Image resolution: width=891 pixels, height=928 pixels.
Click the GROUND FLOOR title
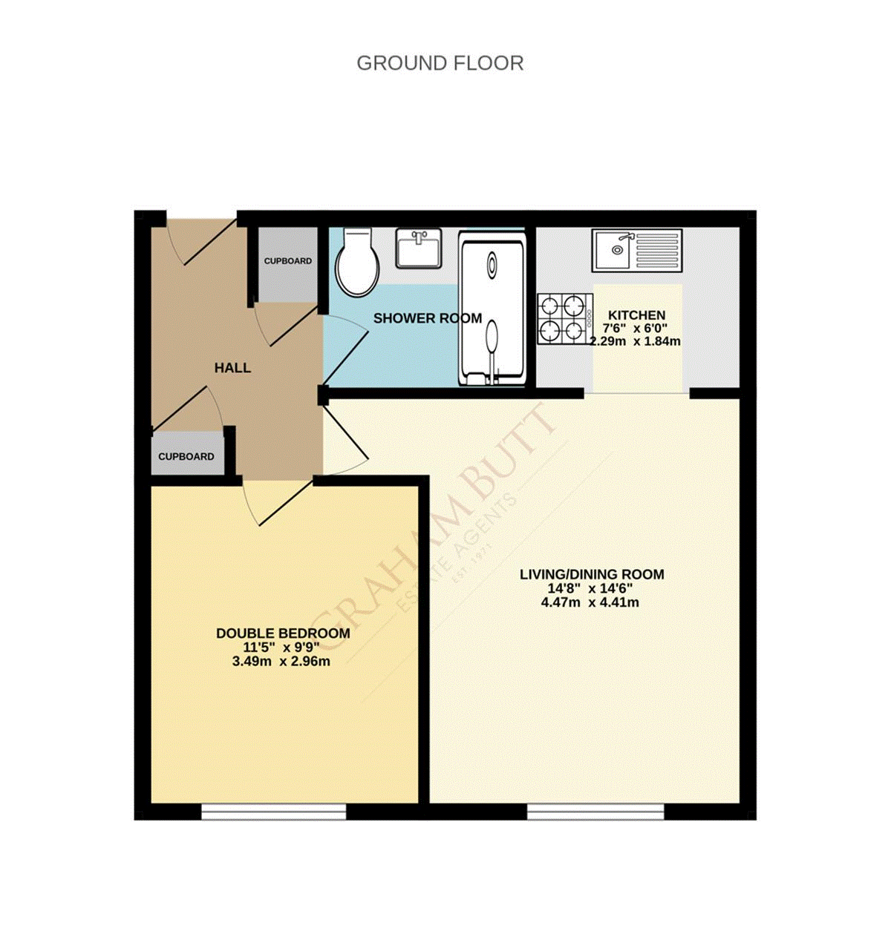tap(440, 64)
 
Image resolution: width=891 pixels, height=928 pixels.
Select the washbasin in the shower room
tap(419, 248)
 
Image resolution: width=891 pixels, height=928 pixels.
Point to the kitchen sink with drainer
tap(636, 250)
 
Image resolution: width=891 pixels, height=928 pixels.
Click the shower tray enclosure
tap(492, 309)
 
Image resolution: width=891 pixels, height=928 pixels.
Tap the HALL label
tap(232, 368)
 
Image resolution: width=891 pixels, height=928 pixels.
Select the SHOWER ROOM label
tap(427, 318)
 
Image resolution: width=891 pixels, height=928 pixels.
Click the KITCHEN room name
tap(636, 315)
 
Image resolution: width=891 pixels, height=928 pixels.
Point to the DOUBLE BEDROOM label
tap(283, 634)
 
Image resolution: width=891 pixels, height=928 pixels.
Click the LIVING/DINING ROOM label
tap(591, 574)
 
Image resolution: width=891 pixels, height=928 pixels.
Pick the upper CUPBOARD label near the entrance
tap(288, 261)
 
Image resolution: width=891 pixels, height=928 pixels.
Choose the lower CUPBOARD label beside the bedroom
tap(186, 457)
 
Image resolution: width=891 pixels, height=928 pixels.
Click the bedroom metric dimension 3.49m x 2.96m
tap(281, 661)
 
